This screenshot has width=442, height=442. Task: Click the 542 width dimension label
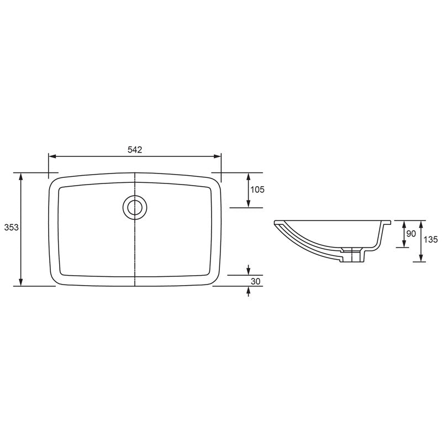[x=135, y=150]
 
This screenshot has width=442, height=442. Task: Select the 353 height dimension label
[x=10, y=228]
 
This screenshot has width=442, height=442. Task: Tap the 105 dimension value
[x=257, y=190]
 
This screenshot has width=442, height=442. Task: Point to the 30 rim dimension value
[x=255, y=281]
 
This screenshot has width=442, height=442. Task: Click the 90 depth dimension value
[x=411, y=234]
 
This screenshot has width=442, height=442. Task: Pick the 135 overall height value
[x=431, y=239]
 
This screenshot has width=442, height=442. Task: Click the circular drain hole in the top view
[x=134, y=207]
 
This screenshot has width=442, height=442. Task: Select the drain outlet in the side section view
[x=351, y=255]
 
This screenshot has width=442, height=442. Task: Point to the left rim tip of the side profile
[x=276, y=223]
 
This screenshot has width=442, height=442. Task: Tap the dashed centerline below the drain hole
[x=135, y=249]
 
